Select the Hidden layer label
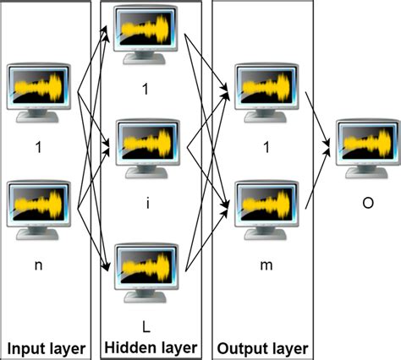[x=151, y=347]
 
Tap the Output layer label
[x=262, y=347]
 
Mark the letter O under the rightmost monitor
[x=365, y=203]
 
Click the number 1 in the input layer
[x=38, y=147]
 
